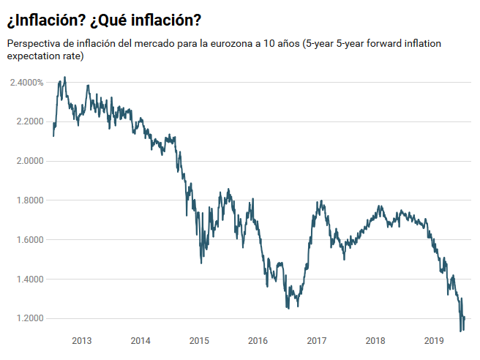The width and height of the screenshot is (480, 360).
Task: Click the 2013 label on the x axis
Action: (82, 341)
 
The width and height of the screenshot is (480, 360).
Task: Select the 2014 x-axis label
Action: (140, 341)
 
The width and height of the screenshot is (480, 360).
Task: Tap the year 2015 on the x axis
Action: (199, 341)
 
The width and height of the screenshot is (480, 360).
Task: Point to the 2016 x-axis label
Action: (258, 341)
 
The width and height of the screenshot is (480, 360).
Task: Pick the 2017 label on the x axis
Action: (317, 341)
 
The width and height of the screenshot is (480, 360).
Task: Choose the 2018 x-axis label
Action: (375, 341)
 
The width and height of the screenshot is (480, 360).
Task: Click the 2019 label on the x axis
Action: (434, 341)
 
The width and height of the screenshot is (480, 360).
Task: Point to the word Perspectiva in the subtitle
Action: (34, 44)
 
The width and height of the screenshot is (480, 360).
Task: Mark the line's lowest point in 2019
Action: (461, 331)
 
